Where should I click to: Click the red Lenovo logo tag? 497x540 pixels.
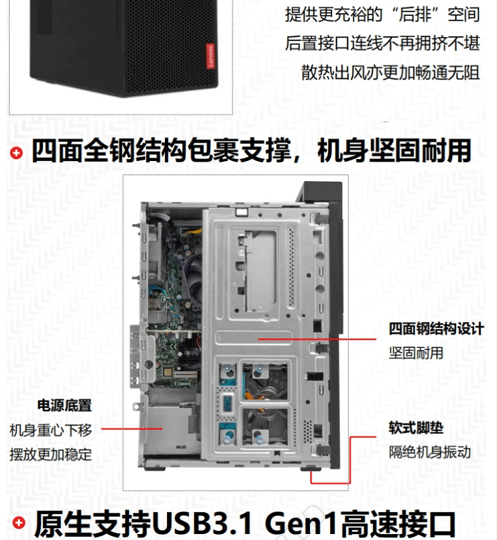click(x=211, y=56)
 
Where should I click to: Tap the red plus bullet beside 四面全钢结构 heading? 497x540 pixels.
click(x=16, y=153)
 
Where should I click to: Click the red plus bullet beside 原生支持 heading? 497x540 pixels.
click(x=19, y=523)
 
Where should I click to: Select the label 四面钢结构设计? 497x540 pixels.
click(x=437, y=329)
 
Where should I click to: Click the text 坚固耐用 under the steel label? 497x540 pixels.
click(x=416, y=353)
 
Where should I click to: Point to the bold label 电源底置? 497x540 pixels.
click(x=64, y=405)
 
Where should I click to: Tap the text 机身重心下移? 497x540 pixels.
click(x=51, y=430)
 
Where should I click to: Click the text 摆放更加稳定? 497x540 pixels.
click(x=51, y=455)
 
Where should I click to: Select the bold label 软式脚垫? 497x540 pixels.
click(x=416, y=428)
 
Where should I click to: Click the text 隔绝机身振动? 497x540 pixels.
click(x=430, y=452)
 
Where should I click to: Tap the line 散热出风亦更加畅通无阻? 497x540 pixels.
click(x=390, y=73)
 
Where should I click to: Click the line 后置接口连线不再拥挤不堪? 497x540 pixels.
click(x=382, y=43)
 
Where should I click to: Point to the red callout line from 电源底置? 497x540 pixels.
click(x=132, y=429)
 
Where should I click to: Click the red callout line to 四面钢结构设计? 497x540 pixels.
click(x=317, y=339)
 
